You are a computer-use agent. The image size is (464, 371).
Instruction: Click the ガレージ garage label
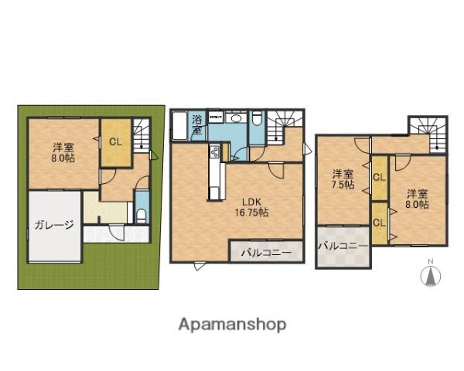pyautogui.click(x=54, y=226)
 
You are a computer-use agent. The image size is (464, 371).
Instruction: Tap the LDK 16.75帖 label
pyautogui.click(x=251, y=207)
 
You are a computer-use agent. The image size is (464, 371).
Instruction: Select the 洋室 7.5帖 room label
pyautogui.click(x=343, y=179)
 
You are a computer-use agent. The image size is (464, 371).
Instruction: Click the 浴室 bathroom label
pyautogui.click(x=197, y=125)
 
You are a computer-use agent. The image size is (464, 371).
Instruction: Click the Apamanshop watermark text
pyautogui.click(x=232, y=325)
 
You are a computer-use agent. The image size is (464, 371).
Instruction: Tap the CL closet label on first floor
pyautogui.click(x=115, y=142)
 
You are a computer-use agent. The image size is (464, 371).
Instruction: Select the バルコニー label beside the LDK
pyautogui.click(x=266, y=253)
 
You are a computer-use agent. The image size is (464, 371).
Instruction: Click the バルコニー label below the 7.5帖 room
pyautogui.click(x=343, y=246)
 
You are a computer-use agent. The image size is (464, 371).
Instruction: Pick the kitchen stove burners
pyautogui.click(x=214, y=151)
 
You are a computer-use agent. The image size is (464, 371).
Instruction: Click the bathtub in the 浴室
pyautogui.click(x=179, y=126)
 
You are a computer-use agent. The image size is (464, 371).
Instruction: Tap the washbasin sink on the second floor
pyautogui.click(x=236, y=118)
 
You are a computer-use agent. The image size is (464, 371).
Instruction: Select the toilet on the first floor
pyautogui.click(x=142, y=215)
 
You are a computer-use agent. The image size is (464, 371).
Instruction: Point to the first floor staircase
pyautogui.click(x=142, y=135)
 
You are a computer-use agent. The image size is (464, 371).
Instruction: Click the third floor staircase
pyautogui.click(x=428, y=134)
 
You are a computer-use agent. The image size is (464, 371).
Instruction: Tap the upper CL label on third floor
pyautogui.click(x=380, y=178)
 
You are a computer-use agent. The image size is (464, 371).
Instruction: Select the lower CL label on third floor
pyautogui.click(x=379, y=223)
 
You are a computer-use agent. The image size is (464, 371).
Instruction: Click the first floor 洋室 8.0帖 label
pyautogui.click(x=63, y=152)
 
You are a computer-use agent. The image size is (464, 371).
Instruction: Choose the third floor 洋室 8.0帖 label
pyautogui.click(x=417, y=199)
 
